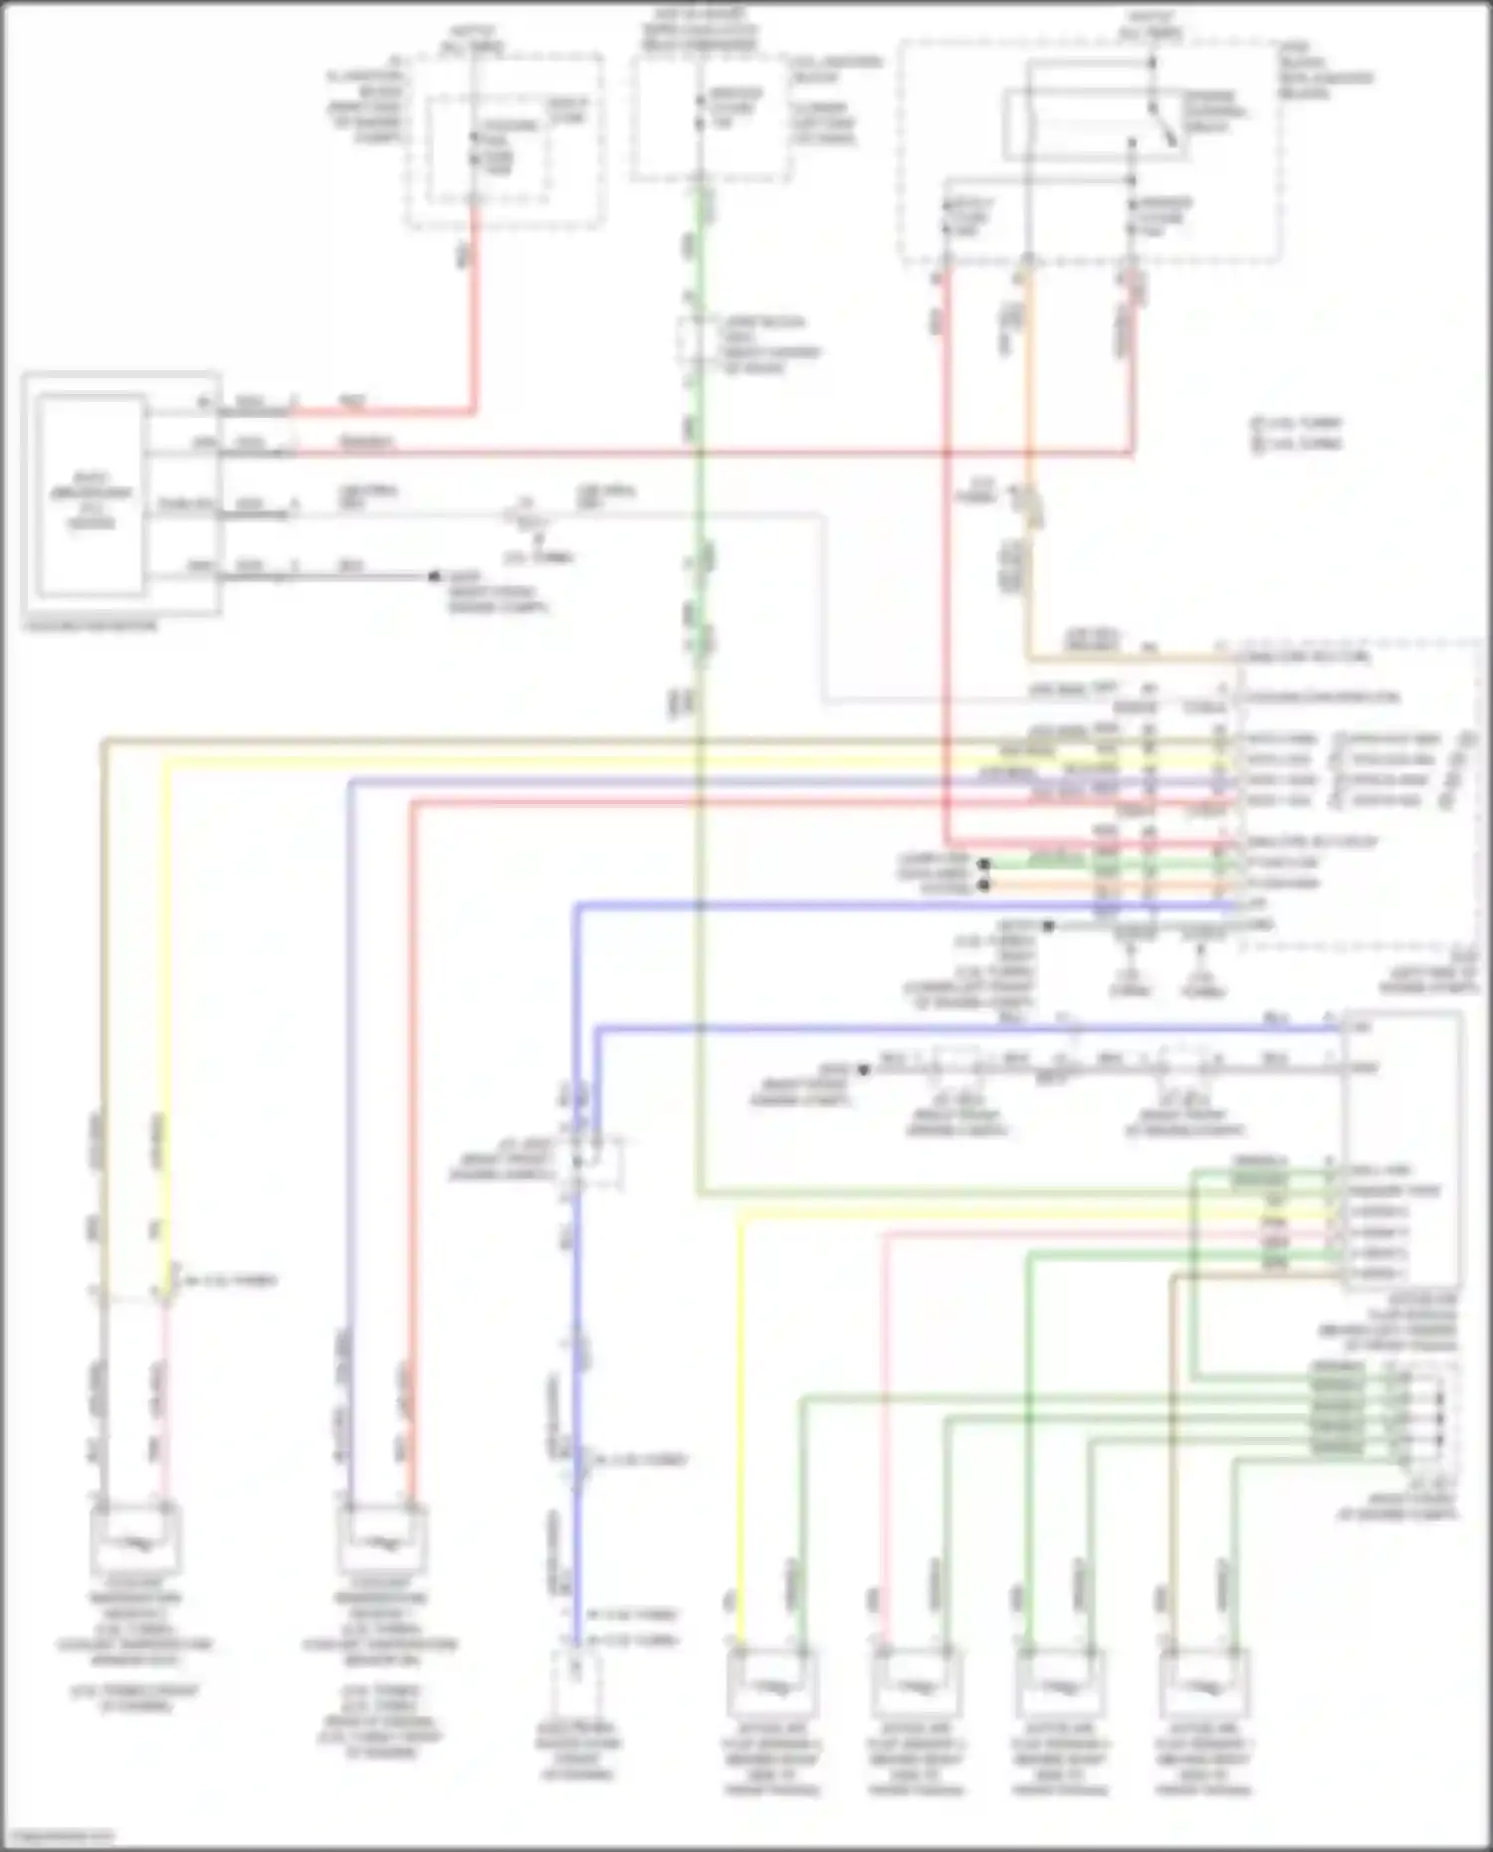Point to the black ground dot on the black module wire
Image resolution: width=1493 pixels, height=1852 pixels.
tap(434, 576)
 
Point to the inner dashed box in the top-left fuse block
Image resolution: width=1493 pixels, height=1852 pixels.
tap(488, 149)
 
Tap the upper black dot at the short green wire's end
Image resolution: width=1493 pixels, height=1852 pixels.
tap(984, 864)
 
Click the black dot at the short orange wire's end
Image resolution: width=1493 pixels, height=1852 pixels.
tap(984, 884)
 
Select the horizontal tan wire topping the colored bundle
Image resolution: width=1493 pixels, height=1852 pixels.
tap(597, 739)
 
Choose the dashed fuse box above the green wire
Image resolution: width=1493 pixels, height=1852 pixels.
tap(712, 114)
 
